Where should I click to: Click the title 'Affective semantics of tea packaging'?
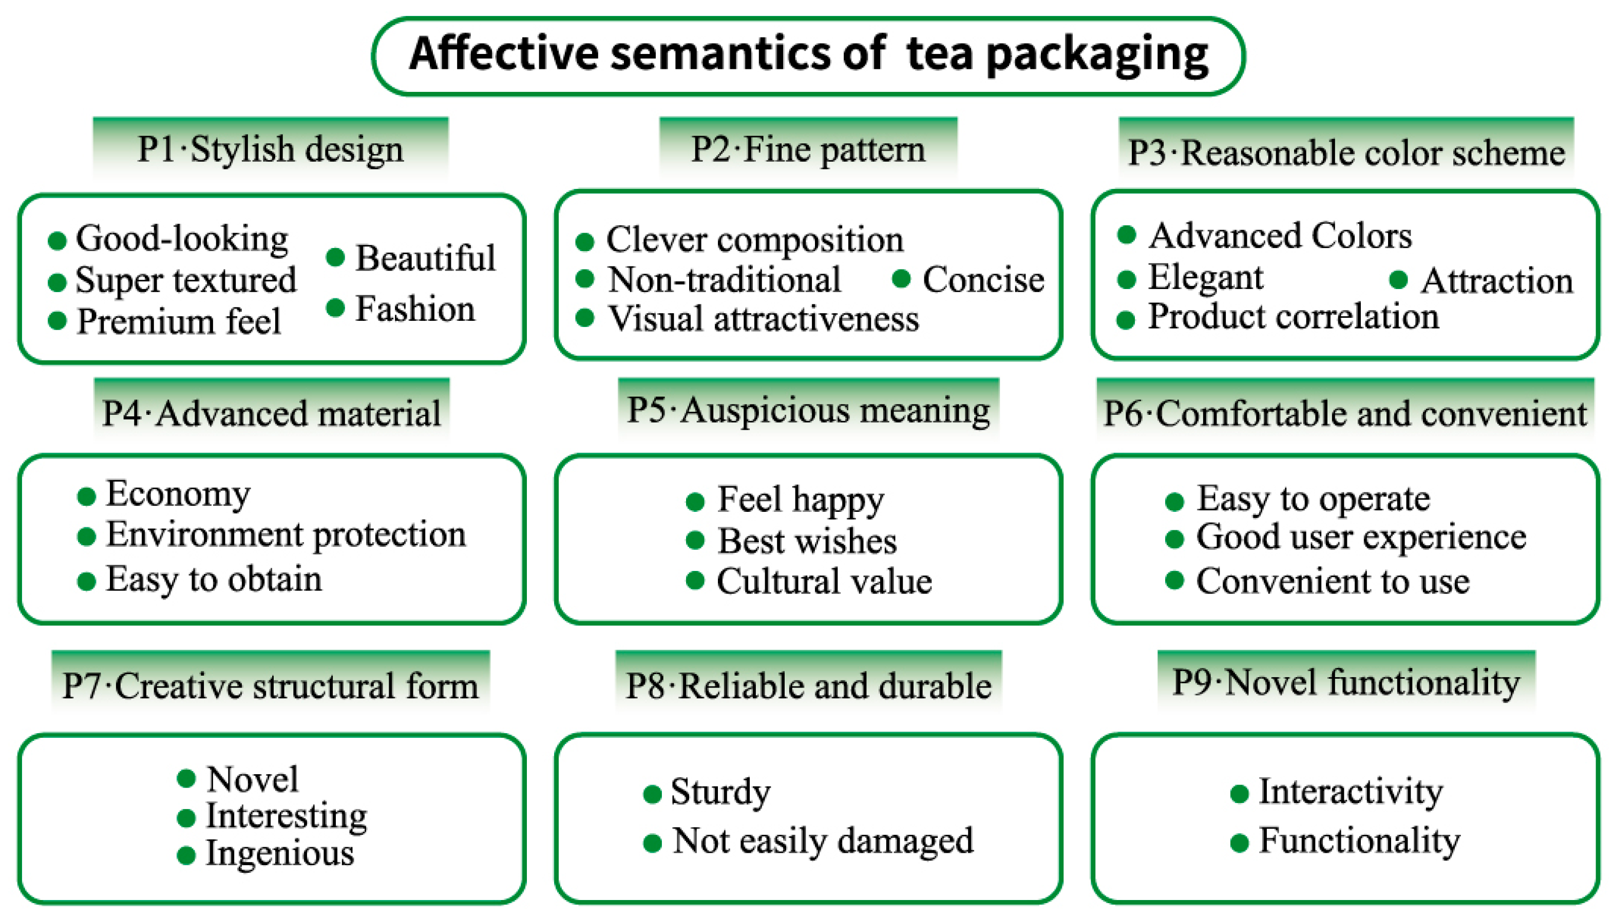[808, 55]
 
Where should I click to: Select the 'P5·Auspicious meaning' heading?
[808, 410]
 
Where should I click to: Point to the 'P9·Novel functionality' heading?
[1345, 683]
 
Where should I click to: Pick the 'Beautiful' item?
[425, 258]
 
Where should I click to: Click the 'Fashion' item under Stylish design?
[414, 309]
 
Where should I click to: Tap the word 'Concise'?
[983, 280]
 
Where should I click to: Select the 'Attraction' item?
[1496, 281]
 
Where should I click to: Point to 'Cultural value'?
[824, 581]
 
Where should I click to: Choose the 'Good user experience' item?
[1361, 537]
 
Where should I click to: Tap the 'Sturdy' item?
[720, 792]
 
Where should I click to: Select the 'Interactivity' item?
[1351, 792]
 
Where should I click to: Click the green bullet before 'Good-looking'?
[58, 240]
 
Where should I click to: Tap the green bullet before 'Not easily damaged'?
[652, 843]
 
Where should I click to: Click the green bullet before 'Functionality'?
[1240, 843]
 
